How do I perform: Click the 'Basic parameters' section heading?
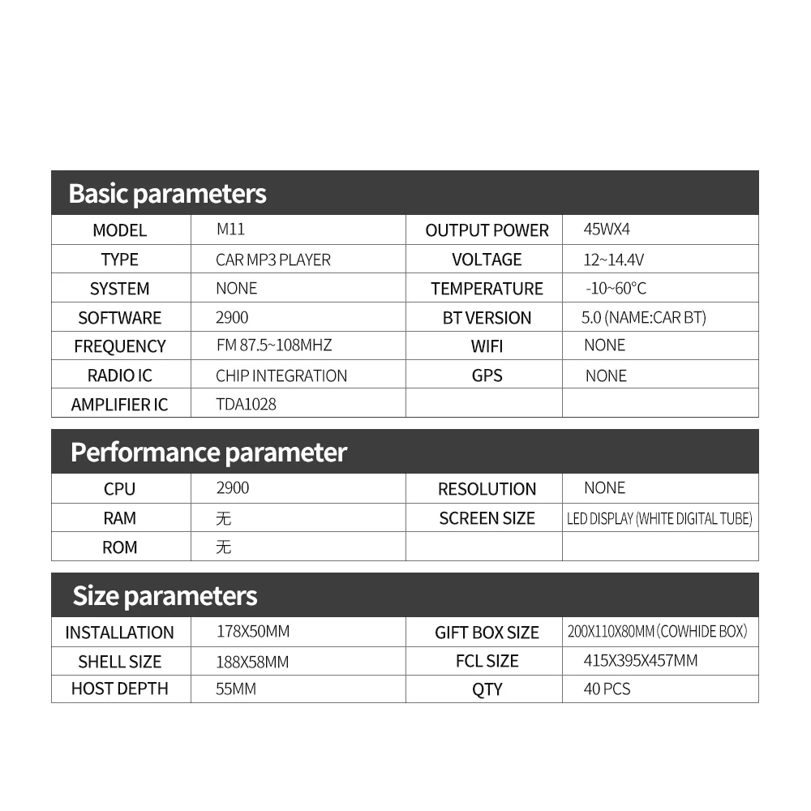pos(167,194)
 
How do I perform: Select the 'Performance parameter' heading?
pos(208,453)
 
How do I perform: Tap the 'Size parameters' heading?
pos(165,596)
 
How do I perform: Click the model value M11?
pos(230,229)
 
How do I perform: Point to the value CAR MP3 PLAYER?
pos(273,260)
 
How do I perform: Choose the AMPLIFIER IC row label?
pos(119,405)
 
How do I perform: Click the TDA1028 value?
pos(246,404)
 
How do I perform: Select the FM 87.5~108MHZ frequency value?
pos(274,345)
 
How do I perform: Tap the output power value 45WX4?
pos(607,229)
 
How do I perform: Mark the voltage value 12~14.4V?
pos(614,260)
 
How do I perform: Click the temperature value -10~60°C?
pos(616,289)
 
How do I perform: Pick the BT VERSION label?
pos(487,318)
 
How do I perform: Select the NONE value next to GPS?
pos(606,375)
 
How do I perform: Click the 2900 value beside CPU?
pos(233,488)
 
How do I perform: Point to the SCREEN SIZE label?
pos(487,518)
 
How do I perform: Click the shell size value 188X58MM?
pos(252,662)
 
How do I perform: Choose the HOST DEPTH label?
pos(119,689)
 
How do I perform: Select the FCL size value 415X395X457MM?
pos(640,661)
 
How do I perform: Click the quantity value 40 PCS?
pos(607,689)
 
